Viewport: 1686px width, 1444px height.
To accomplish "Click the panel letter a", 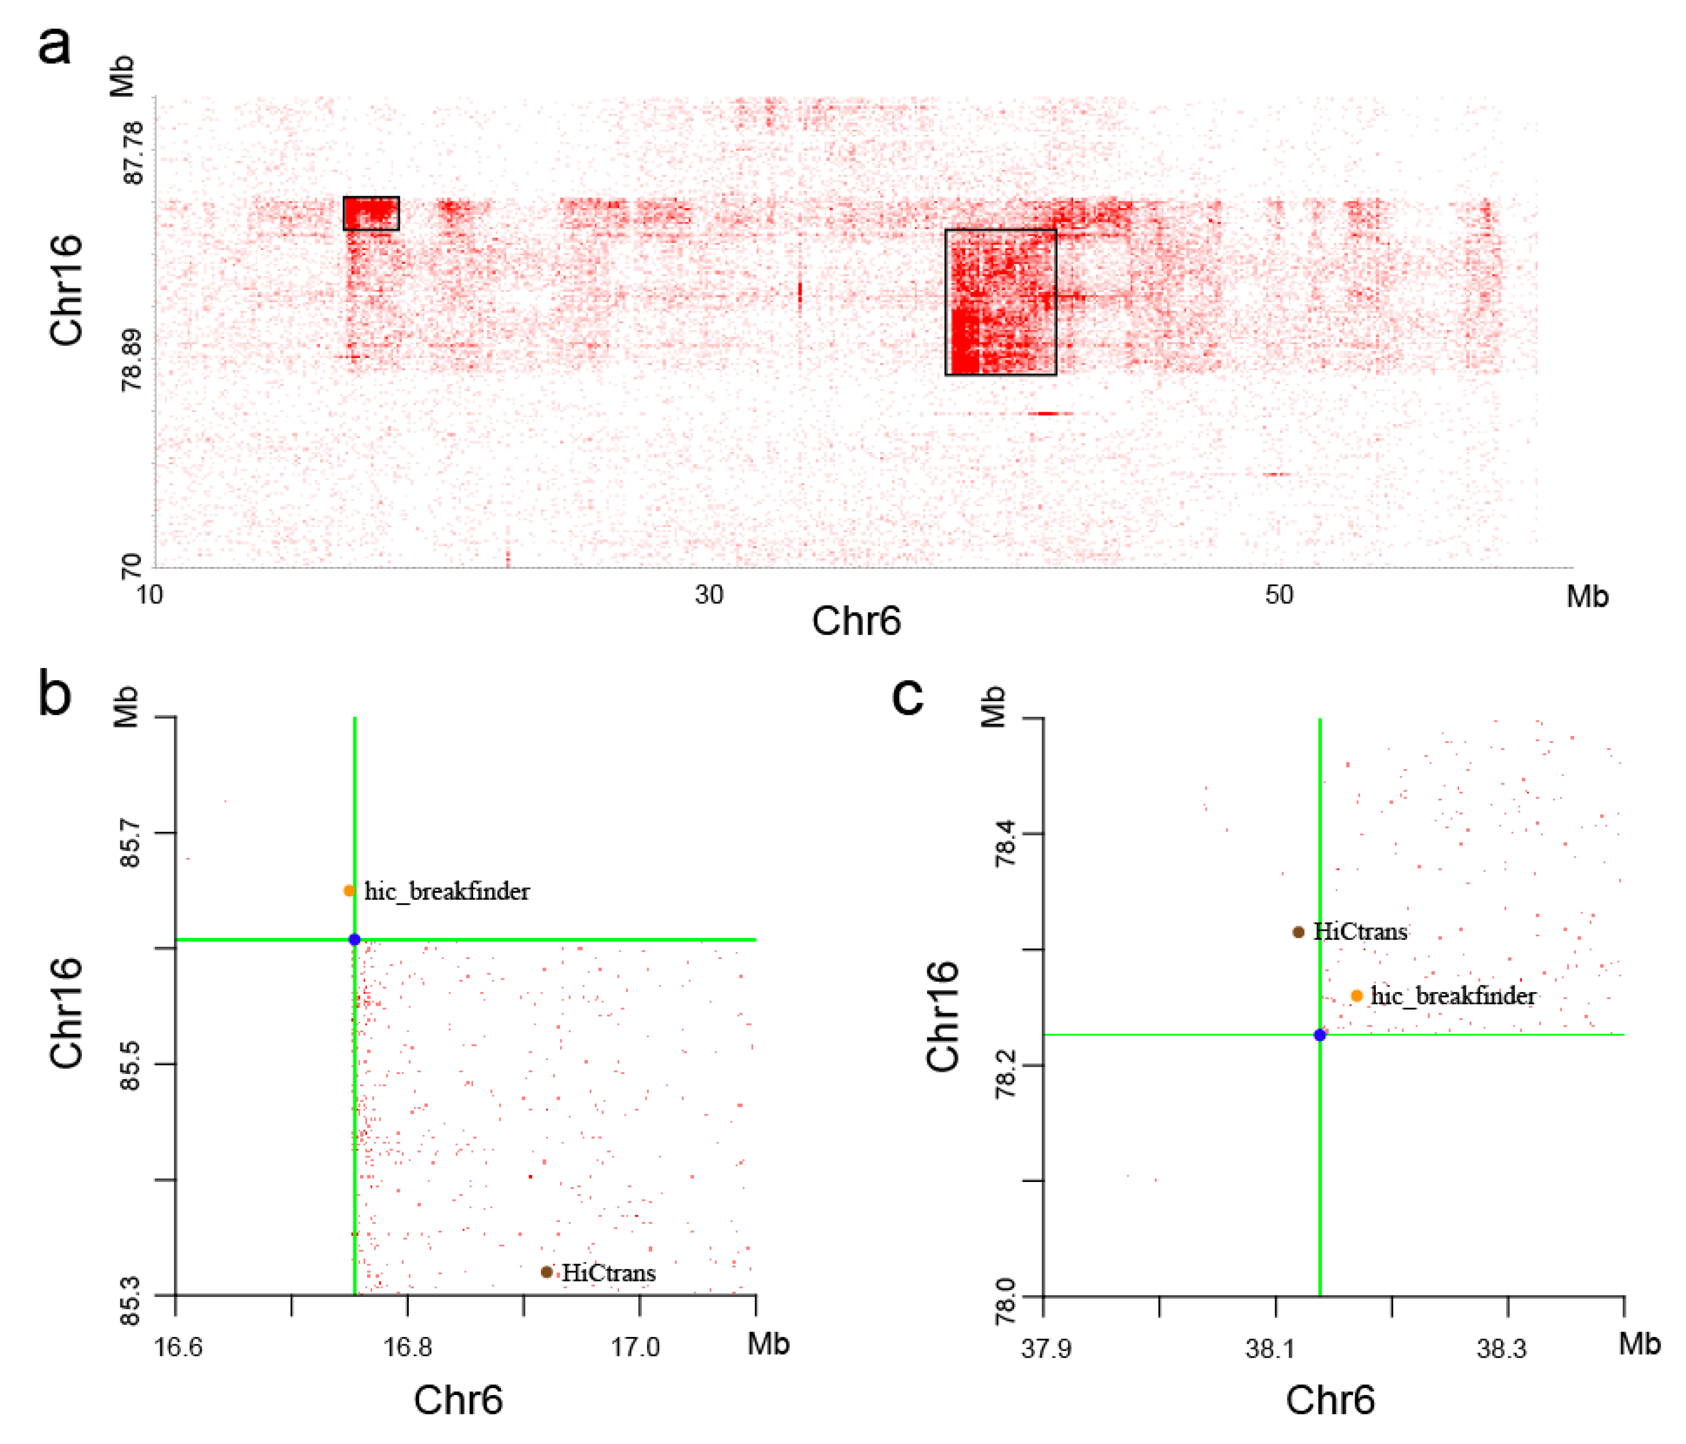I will [54, 45].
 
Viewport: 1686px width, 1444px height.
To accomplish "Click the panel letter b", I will [54, 694].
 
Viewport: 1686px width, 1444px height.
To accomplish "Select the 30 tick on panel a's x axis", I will [709, 596].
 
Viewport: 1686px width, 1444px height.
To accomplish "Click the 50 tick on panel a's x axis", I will [1278, 596].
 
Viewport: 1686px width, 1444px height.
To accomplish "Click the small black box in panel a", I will [371, 213].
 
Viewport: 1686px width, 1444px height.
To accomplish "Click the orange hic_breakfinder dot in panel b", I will [349, 891].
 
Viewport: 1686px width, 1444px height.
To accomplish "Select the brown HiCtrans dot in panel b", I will [547, 1272].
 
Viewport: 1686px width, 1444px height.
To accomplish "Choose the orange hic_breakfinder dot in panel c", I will [1356, 996].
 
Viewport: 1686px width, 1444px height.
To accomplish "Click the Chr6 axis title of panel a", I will [856, 622].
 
